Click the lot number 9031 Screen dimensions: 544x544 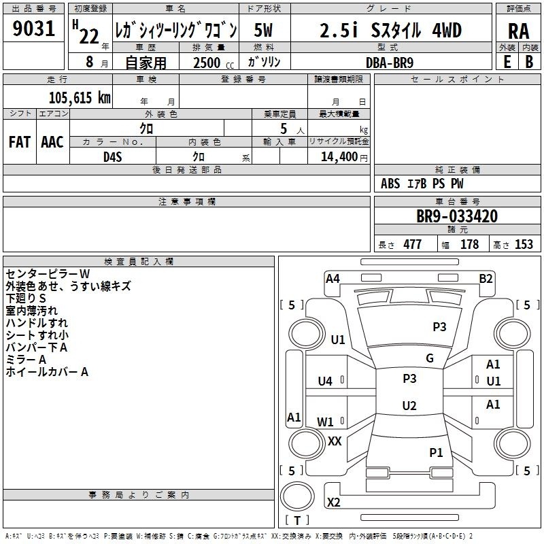(33, 29)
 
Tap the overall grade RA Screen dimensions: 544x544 (518, 31)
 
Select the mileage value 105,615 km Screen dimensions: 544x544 (80, 97)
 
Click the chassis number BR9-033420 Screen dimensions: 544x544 (457, 216)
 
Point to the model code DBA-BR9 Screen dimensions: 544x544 (390, 63)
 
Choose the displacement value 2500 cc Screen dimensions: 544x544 (214, 63)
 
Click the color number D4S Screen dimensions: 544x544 (113, 157)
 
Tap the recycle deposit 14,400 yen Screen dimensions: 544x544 (344, 157)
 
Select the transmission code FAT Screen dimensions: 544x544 (20, 142)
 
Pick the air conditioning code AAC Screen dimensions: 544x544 (52, 142)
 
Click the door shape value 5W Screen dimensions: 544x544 (263, 30)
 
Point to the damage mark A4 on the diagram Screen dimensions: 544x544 (333, 279)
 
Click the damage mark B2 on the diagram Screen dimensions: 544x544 (486, 279)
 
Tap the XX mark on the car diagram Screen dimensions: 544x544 (335, 441)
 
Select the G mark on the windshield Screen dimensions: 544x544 (430, 358)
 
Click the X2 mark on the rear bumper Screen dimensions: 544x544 (334, 503)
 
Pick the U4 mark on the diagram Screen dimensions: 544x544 (325, 381)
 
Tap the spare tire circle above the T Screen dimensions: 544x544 (297, 496)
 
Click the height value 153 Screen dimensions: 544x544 (524, 245)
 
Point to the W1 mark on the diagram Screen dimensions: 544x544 (325, 422)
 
